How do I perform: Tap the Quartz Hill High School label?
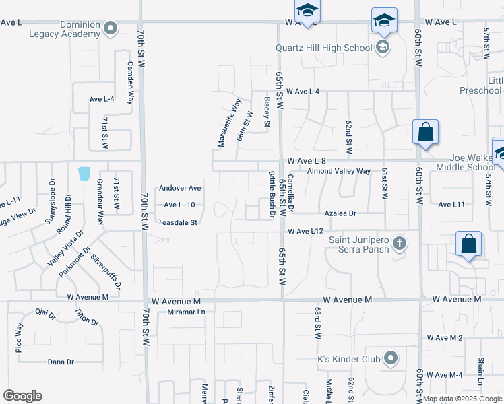coord(323,48)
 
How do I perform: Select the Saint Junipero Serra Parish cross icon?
coord(400,242)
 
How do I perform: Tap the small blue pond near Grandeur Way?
coord(84,174)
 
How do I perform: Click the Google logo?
coord(22,396)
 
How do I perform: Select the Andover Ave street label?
coord(180,188)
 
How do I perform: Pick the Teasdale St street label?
coord(177,222)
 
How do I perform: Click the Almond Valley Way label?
coord(338,172)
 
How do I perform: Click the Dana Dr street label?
coord(61,362)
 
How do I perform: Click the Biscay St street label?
coord(267,111)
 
